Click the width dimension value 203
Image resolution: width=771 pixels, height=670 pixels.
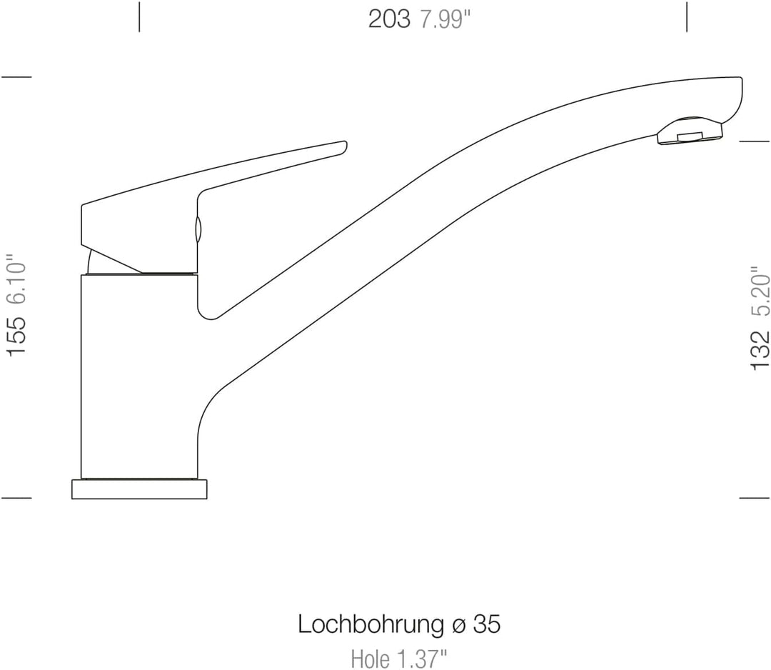(x=389, y=20)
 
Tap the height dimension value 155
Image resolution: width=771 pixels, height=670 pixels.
(x=16, y=336)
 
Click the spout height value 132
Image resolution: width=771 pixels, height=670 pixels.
(x=760, y=350)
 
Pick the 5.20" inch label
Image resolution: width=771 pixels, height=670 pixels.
(x=760, y=293)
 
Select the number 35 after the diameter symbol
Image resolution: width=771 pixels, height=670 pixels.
(x=487, y=625)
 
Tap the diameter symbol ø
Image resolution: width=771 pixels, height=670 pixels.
(x=458, y=626)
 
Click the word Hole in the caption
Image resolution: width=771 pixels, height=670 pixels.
(x=371, y=659)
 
